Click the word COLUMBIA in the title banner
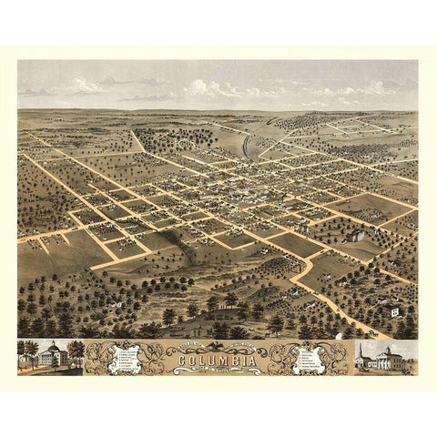(x=218, y=360)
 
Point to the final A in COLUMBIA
(x=249, y=360)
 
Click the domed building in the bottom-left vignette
(x=50, y=357)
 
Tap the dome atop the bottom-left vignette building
(x=51, y=348)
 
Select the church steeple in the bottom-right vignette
(x=361, y=351)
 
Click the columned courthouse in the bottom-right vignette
(x=390, y=360)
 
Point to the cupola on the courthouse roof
(x=391, y=348)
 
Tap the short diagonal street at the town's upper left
(x=138, y=141)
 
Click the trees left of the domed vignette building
(x=27, y=353)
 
